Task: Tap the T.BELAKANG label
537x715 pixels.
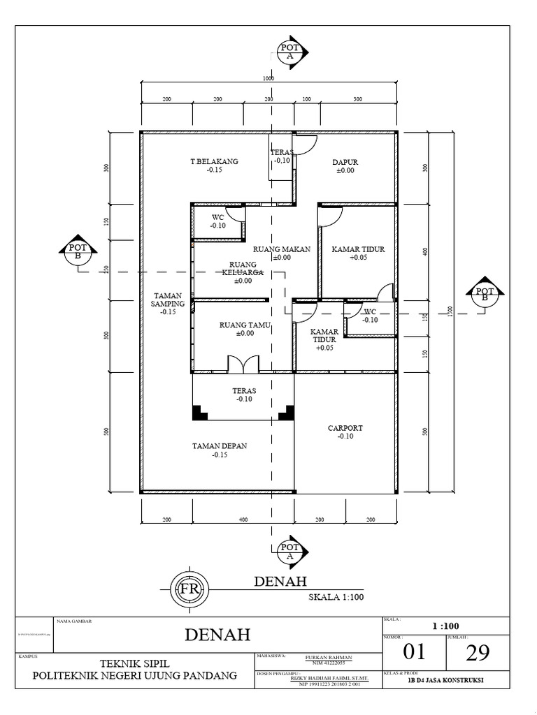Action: pyautogui.click(x=215, y=161)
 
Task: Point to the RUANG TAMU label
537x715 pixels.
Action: pyautogui.click(x=245, y=325)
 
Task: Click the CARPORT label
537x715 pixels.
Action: pyautogui.click(x=345, y=428)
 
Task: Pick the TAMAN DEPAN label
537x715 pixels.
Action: pyautogui.click(x=220, y=445)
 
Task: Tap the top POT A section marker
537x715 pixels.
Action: pyautogui.click(x=289, y=50)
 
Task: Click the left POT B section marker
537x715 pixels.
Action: pyautogui.click(x=78, y=251)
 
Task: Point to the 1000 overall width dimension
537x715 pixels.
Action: pyautogui.click(x=268, y=79)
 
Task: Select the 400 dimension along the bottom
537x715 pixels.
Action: pyautogui.click(x=243, y=520)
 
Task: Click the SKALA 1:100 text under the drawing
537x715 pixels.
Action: pyautogui.click(x=336, y=598)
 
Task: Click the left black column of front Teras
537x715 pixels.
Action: pyautogui.click(x=199, y=413)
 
